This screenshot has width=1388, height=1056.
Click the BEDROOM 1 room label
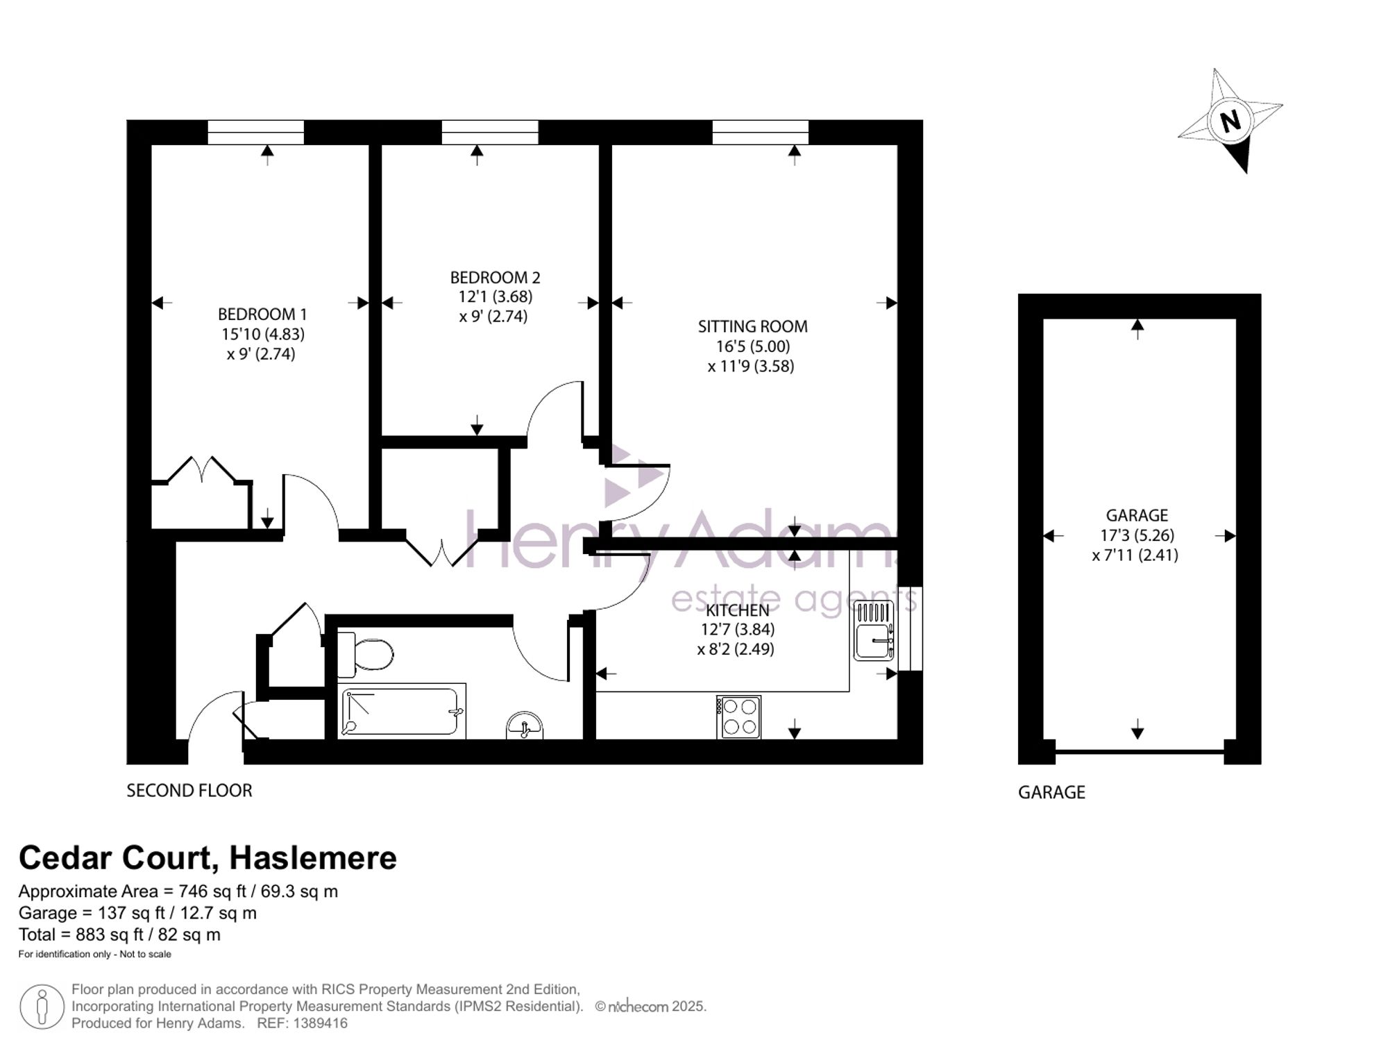pyautogui.click(x=262, y=315)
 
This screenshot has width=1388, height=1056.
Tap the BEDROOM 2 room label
pyautogui.click(x=495, y=278)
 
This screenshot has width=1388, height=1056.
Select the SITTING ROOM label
pyautogui.click(x=752, y=326)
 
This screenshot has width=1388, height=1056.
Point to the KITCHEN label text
pyautogui.click(x=737, y=610)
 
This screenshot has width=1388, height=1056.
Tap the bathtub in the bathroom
pyautogui.click(x=401, y=711)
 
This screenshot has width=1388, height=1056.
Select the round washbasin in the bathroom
pyautogui.click(x=525, y=726)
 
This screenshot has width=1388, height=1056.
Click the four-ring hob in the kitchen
pyautogui.click(x=738, y=717)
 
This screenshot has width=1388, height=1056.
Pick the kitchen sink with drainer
pyautogui.click(x=874, y=630)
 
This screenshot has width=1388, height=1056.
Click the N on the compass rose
pyautogui.click(x=1230, y=121)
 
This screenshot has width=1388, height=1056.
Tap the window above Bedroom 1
pyautogui.click(x=256, y=132)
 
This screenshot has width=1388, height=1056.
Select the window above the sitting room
pyautogui.click(x=761, y=132)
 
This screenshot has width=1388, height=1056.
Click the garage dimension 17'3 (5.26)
pyautogui.click(x=1137, y=535)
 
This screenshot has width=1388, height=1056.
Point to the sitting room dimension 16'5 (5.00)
pyautogui.click(x=753, y=346)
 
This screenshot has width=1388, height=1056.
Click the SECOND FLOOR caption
pyautogui.click(x=189, y=791)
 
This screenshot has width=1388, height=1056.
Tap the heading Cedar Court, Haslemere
pyautogui.click(x=208, y=858)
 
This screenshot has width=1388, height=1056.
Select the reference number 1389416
pyautogui.click(x=320, y=1023)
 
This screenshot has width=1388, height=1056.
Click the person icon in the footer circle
pyautogui.click(x=42, y=1007)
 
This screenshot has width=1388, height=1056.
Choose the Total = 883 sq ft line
pyautogui.click(x=119, y=935)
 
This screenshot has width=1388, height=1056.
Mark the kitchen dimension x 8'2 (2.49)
pyautogui.click(x=736, y=649)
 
